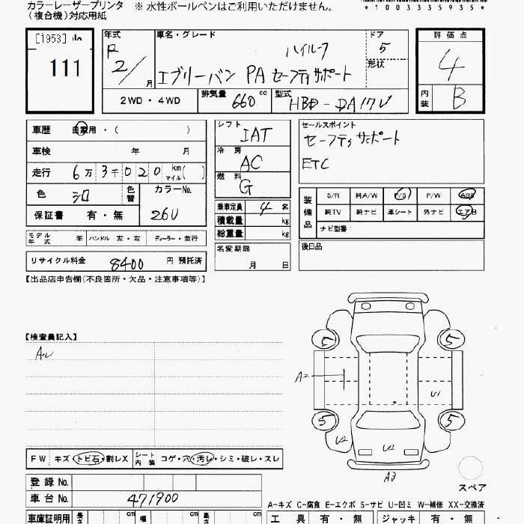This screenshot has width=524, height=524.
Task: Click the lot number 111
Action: coord(65,70)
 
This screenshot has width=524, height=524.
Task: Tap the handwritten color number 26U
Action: coord(164,215)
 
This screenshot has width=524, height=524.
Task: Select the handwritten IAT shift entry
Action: coord(255,136)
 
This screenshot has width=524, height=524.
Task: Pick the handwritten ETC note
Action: coord(315,163)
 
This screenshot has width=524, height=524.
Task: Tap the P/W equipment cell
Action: coord(433,195)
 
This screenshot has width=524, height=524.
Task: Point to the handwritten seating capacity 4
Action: coord(263,207)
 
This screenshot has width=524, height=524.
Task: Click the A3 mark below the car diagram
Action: coord(389,475)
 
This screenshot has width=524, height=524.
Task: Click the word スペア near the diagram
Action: coord(472,487)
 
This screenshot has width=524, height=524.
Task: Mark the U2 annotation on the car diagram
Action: coord(389,448)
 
